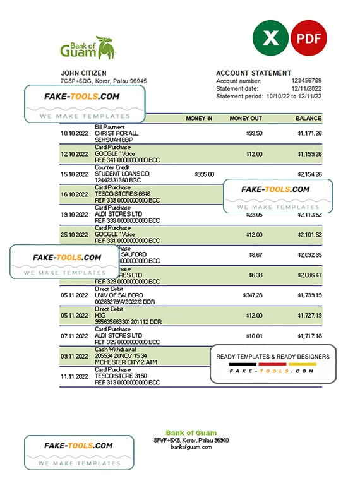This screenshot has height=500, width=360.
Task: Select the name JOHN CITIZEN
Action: coord(83,73)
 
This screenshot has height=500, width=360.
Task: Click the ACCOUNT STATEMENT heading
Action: coord(254,73)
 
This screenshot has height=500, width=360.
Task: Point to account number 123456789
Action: coord(306,81)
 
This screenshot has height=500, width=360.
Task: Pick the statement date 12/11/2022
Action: coord(306,89)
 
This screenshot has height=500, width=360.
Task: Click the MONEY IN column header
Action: coord(199,118)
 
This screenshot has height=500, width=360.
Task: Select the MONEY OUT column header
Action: coord(246,118)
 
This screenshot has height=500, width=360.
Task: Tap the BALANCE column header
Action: coord(309,118)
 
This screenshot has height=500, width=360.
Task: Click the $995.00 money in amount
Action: coord(204,174)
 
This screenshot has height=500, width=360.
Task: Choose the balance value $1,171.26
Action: coord(309,133)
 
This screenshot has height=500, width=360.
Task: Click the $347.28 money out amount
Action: coord(253,295)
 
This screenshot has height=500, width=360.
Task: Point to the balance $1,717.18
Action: coord(309,335)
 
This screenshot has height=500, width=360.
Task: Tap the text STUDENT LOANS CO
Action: coord(122,174)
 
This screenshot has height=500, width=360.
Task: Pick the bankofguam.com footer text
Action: coord(192,447)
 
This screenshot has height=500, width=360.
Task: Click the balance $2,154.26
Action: coord(309,174)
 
